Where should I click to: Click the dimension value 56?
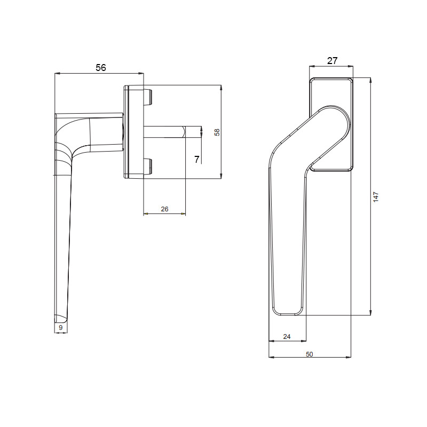[101, 68]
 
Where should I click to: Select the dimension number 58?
[217, 132]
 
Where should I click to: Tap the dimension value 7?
[197, 159]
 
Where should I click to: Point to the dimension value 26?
[164, 209]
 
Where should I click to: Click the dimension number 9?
[61, 328]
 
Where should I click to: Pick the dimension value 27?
[332, 60]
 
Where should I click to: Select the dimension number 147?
[376, 196]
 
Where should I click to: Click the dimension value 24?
[287, 337]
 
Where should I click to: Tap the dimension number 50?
[310, 354]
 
